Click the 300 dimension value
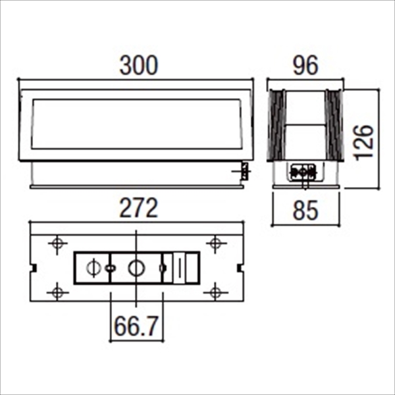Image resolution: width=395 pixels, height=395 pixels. pyautogui.click(x=139, y=65)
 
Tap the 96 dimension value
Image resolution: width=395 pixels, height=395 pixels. pyautogui.click(x=305, y=65)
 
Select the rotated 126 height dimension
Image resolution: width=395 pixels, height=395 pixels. pyautogui.click(x=364, y=143)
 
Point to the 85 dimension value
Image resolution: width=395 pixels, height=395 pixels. pyautogui.click(x=305, y=211)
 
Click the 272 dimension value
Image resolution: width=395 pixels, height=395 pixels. pyautogui.click(x=139, y=208)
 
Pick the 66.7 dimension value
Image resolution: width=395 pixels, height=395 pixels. pyautogui.click(x=136, y=327)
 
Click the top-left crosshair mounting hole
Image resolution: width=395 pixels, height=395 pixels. pyautogui.click(x=57, y=244)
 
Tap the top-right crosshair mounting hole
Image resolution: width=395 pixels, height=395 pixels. pyautogui.click(x=216, y=244)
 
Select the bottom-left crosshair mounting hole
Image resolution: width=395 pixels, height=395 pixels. pyautogui.click(x=57, y=292)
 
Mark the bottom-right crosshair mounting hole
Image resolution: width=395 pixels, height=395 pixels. pyautogui.click(x=216, y=292)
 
